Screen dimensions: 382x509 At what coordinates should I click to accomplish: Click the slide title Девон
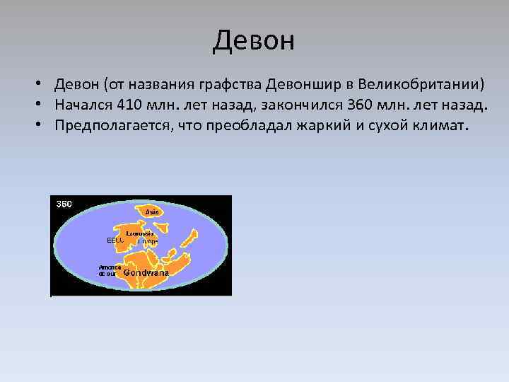pyautogui.click(x=254, y=40)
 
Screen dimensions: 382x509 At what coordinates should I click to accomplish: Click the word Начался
pyautogui.click(x=86, y=106)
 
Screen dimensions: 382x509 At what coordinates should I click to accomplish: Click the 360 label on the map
pyautogui.click(x=64, y=204)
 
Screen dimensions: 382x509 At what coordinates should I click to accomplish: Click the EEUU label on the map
pyautogui.click(x=115, y=241)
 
